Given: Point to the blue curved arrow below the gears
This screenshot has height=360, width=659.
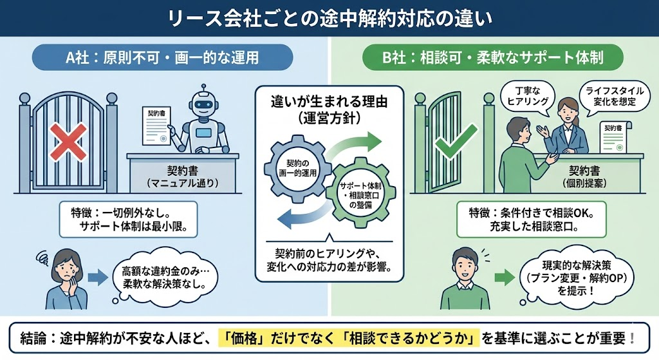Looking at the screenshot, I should [x=302, y=219].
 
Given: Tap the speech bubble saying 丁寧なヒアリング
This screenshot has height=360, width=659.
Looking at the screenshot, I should [x=523, y=97].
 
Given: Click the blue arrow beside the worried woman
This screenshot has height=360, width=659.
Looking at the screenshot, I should [x=97, y=278].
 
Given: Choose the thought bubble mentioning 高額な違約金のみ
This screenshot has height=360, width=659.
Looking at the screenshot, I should [x=163, y=278].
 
